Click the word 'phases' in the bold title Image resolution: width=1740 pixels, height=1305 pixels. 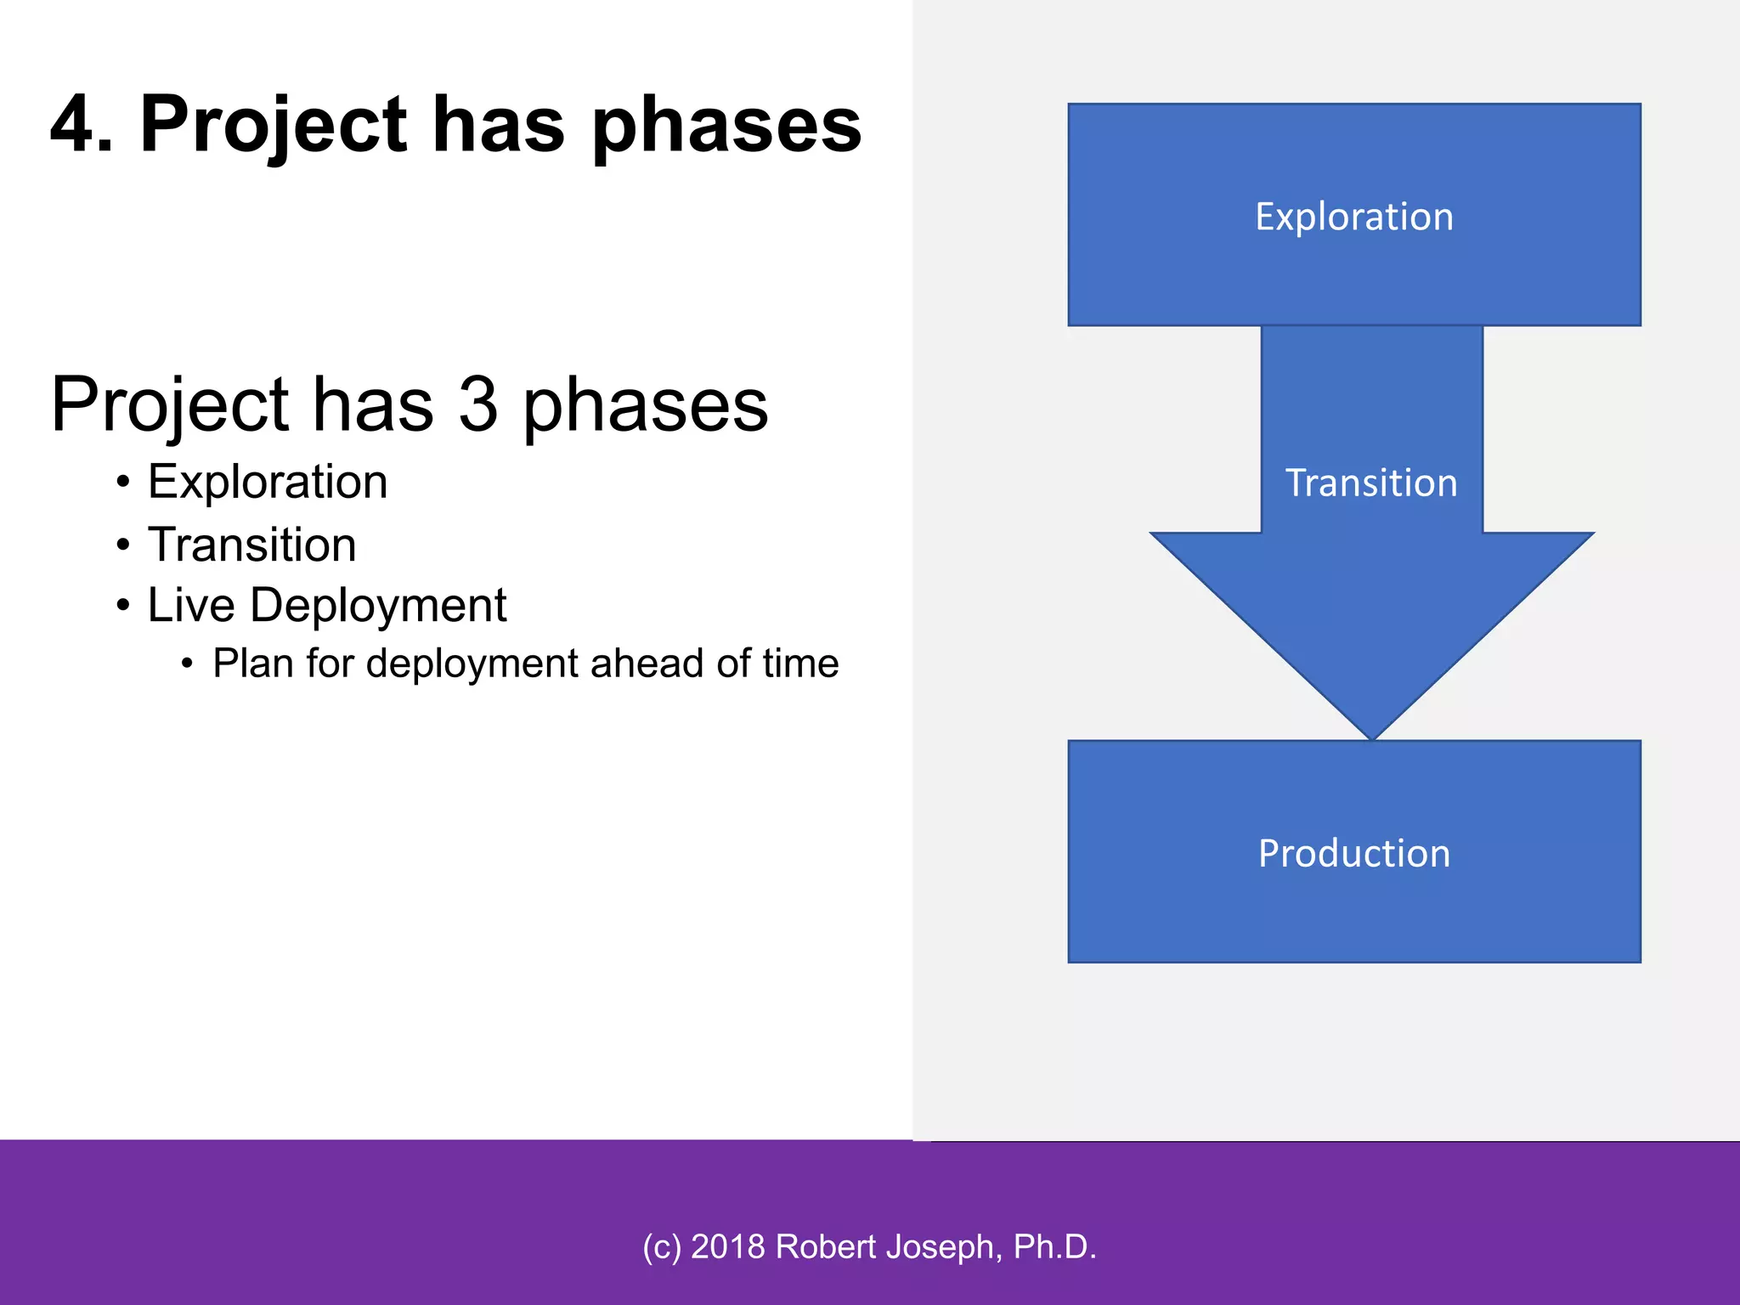[726, 127]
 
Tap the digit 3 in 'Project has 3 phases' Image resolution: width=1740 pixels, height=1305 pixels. [478, 404]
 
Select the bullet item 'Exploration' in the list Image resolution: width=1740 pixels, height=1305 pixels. [268, 482]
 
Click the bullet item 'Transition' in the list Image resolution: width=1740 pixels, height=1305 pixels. [252, 545]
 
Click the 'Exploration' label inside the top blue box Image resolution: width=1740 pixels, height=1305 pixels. [1354, 217]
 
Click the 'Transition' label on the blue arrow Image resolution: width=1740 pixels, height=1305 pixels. [1371, 483]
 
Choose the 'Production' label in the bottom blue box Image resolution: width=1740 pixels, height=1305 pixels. [1354, 853]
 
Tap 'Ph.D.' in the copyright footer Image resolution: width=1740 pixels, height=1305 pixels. [1054, 1246]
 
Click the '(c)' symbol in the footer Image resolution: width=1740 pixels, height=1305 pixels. [662, 1246]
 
